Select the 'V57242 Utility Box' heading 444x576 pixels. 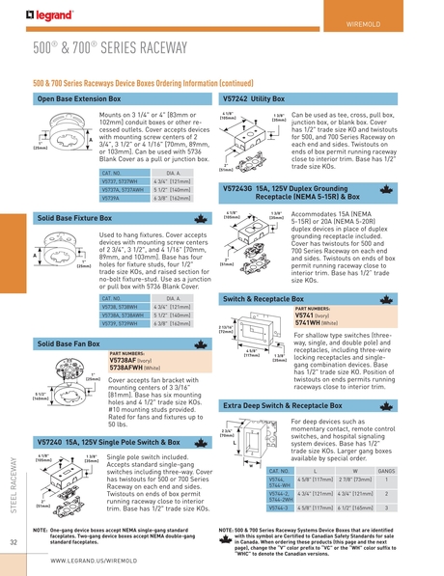coord(256,99)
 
